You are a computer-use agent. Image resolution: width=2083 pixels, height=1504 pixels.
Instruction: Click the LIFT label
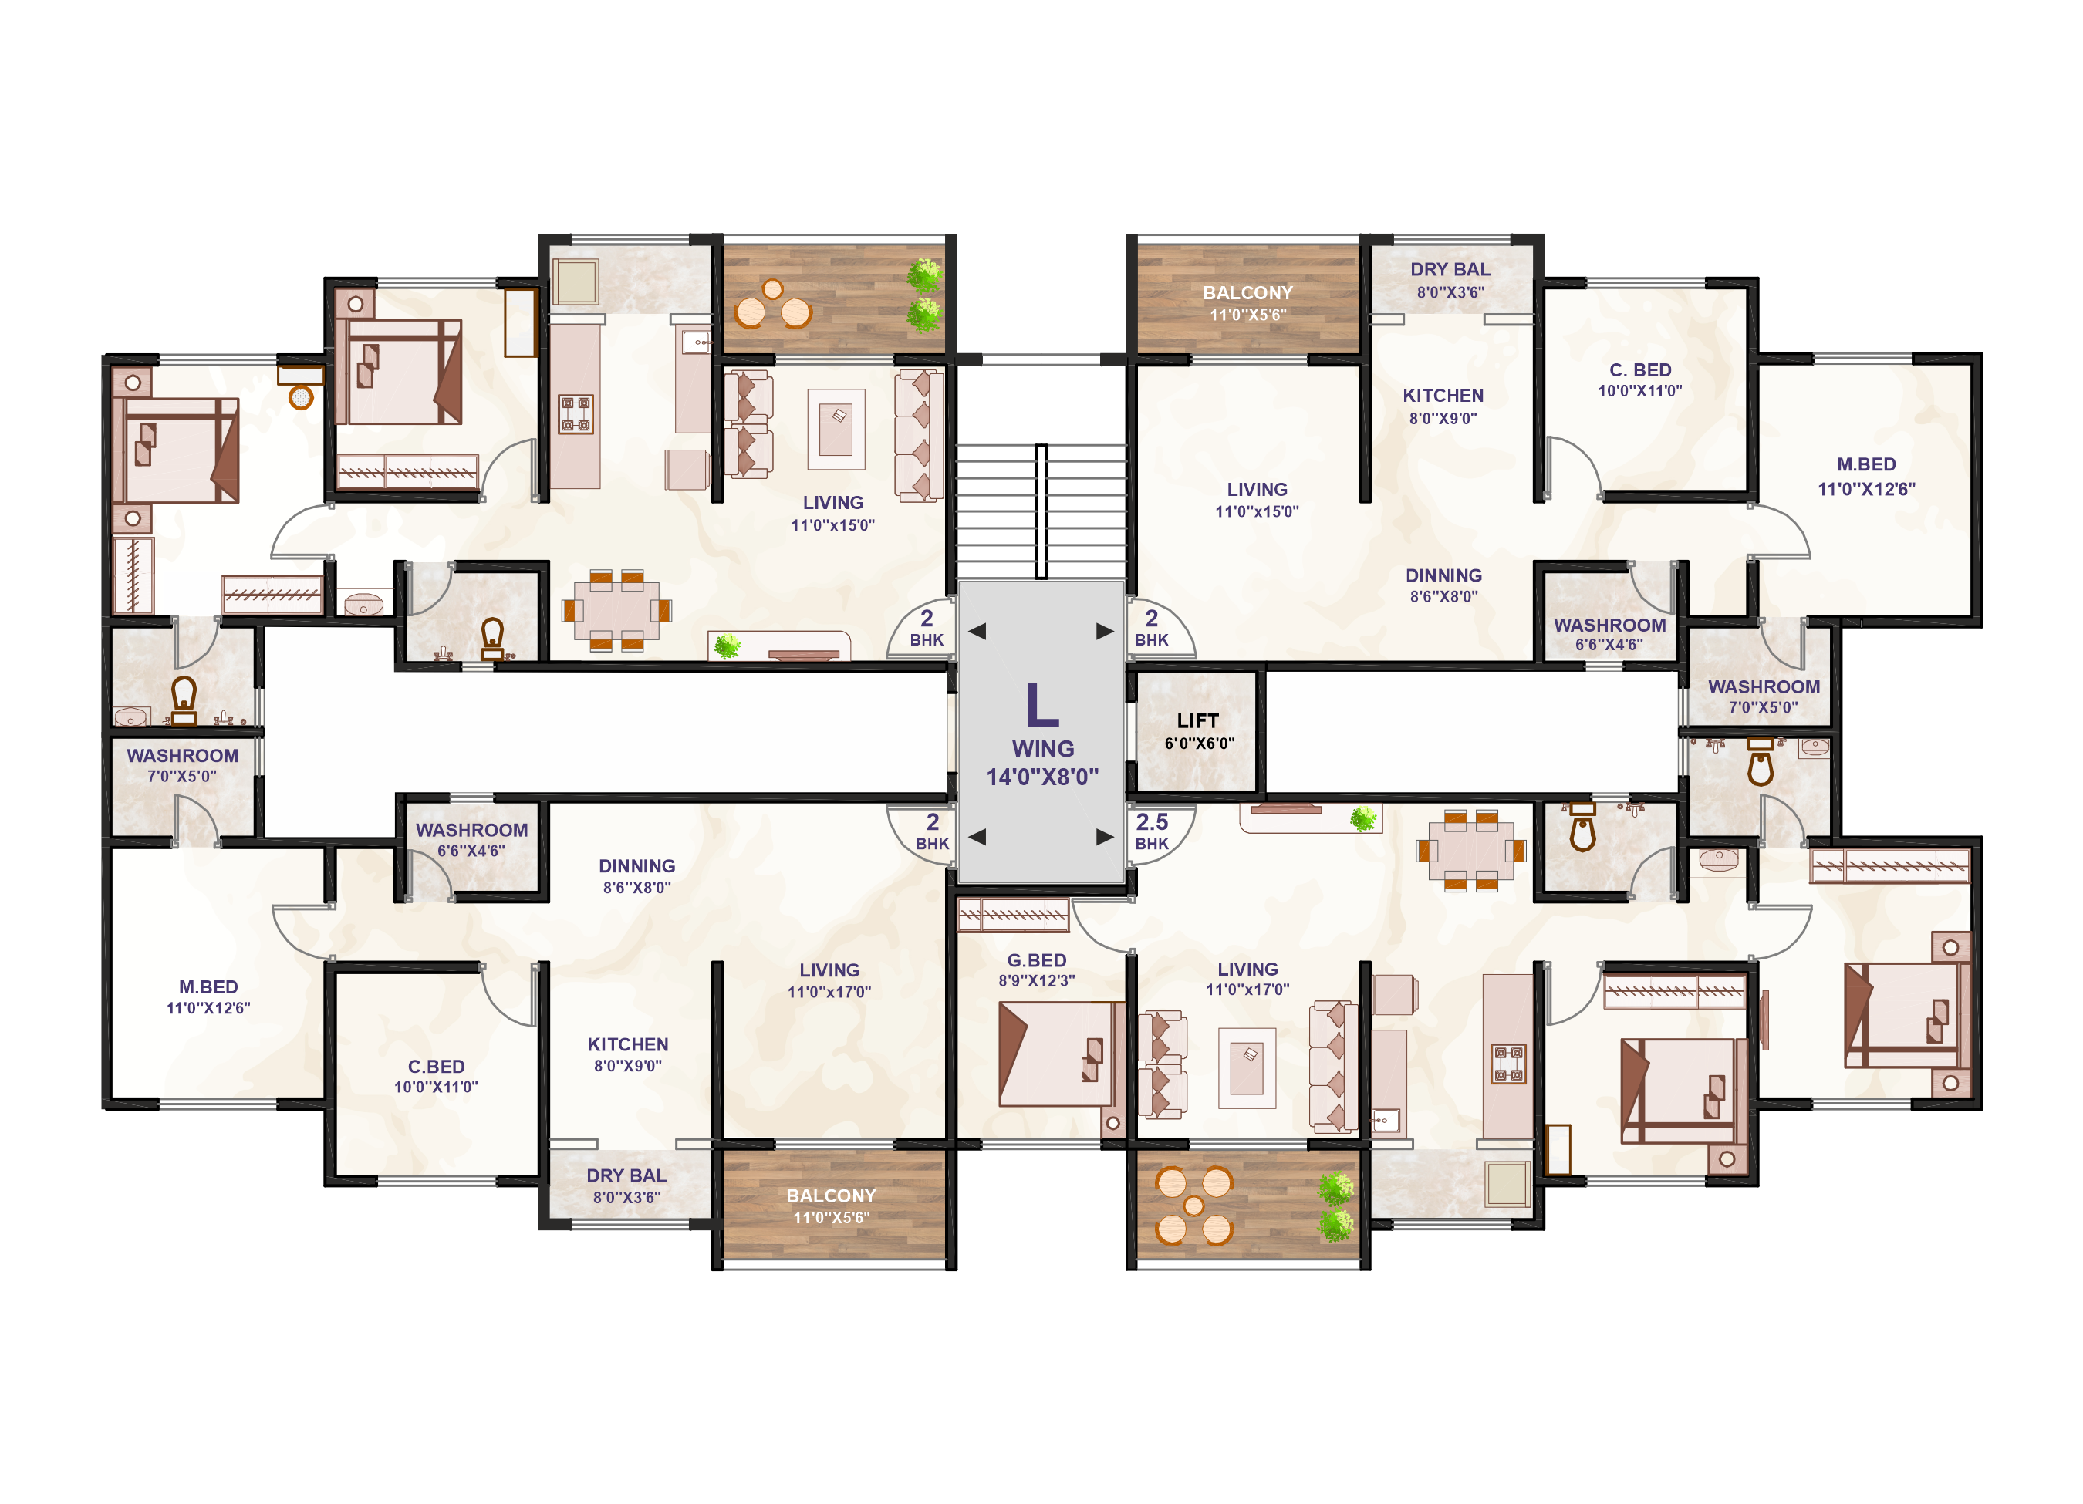1197,721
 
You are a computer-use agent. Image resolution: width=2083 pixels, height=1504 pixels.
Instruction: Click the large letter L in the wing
1042,704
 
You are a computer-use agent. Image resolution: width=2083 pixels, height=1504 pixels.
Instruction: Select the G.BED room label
1037,960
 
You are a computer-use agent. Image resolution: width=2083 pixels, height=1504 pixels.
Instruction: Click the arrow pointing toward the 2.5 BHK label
1105,837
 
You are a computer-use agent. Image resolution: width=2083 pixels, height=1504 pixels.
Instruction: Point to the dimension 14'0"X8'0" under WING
1042,777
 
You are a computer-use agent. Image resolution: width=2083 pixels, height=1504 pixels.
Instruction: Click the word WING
1042,748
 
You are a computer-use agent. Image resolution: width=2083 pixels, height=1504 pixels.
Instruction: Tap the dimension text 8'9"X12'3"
1037,980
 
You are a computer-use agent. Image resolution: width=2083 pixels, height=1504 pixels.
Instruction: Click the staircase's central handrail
1041,511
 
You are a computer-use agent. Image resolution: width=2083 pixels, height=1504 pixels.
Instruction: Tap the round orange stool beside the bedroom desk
301,396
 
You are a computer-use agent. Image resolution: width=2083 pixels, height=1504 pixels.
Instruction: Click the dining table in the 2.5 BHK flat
1470,850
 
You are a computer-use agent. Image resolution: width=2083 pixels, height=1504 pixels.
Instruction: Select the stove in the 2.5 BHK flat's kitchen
1508,1064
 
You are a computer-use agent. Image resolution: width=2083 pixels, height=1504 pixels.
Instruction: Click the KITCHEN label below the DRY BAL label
1443,396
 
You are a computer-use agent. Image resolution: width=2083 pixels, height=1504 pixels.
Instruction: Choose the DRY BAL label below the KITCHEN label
626,1175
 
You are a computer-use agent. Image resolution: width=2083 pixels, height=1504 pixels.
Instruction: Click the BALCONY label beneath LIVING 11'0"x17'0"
831,1195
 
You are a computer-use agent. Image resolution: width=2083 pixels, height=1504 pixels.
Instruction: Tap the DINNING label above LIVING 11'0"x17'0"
636,866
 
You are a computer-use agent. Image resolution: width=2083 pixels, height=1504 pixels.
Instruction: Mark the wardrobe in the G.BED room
1013,915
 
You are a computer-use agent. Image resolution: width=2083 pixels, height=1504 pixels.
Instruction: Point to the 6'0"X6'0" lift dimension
1200,743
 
